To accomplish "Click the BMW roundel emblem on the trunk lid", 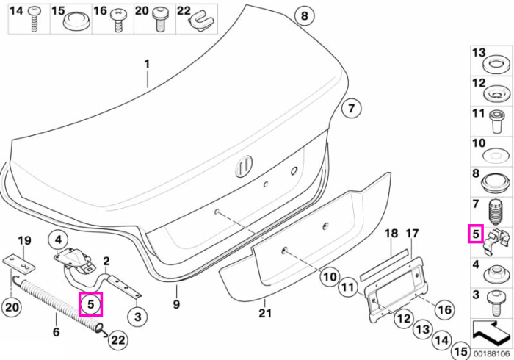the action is pyautogui.click(x=244, y=166).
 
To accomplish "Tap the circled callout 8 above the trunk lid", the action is pyautogui.click(x=305, y=15).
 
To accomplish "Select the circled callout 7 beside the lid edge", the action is pyautogui.click(x=351, y=108).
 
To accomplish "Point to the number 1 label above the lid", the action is pyautogui.click(x=147, y=64).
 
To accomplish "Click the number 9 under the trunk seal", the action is pyautogui.click(x=176, y=304).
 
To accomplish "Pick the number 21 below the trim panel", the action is pyautogui.click(x=265, y=313).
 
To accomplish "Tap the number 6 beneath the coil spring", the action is pyautogui.click(x=57, y=331).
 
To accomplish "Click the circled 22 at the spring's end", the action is pyautogui.click(x=117, y=340).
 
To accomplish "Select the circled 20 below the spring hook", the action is pyautogui.click(x=12, y=308).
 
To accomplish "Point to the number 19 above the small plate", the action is pyautogui.click(x=24, y=241).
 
